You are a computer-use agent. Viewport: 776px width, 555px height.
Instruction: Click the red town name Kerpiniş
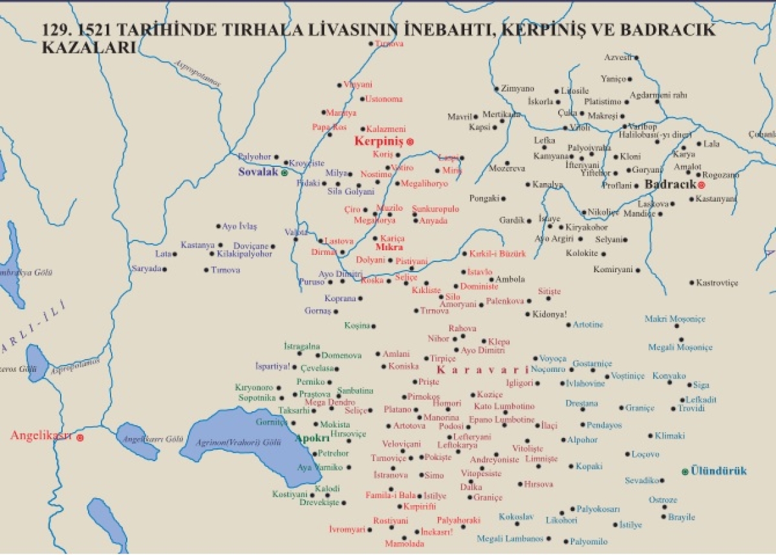(379, 141)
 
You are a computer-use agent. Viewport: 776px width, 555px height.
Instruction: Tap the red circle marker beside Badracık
(701, 185)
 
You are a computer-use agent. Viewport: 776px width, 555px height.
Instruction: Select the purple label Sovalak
(258, 173)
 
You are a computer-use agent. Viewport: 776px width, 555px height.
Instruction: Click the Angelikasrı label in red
(40, 436)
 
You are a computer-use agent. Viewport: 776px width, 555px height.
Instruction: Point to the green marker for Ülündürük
(685, 472)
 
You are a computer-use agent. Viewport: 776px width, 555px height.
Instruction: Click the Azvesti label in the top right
(617, 58)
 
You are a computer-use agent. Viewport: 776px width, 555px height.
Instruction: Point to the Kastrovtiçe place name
(717, 283)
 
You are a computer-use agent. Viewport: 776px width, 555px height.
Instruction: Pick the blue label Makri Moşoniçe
(674, 319)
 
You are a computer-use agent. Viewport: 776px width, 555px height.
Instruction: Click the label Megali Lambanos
(510, 538)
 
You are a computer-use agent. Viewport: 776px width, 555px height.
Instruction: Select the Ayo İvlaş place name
(239, 226)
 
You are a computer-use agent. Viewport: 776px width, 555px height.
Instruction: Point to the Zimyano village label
(518, 89)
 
